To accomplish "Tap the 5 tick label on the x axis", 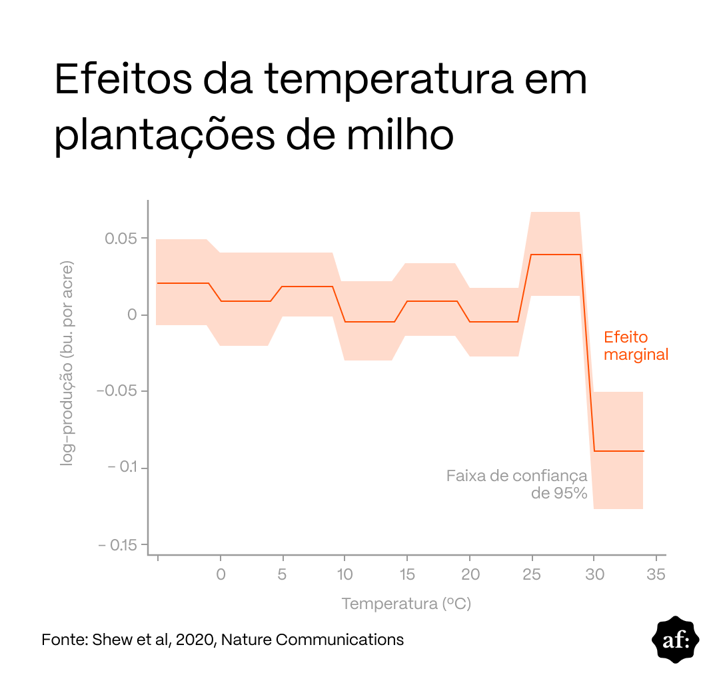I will tap(283, 574).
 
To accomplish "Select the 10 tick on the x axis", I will tap(345, 574).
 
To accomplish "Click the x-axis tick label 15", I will tap(407, 574).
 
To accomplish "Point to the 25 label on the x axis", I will tap(532, 574).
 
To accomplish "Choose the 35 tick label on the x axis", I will tap(656, 574).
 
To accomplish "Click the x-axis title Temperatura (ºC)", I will tap(406, 604).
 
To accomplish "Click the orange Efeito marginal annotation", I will tap(635, 346).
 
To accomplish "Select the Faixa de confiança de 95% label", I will tap(517, 484).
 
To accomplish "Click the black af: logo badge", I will tap(675, 640).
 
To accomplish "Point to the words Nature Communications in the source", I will tap(313, 640).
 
